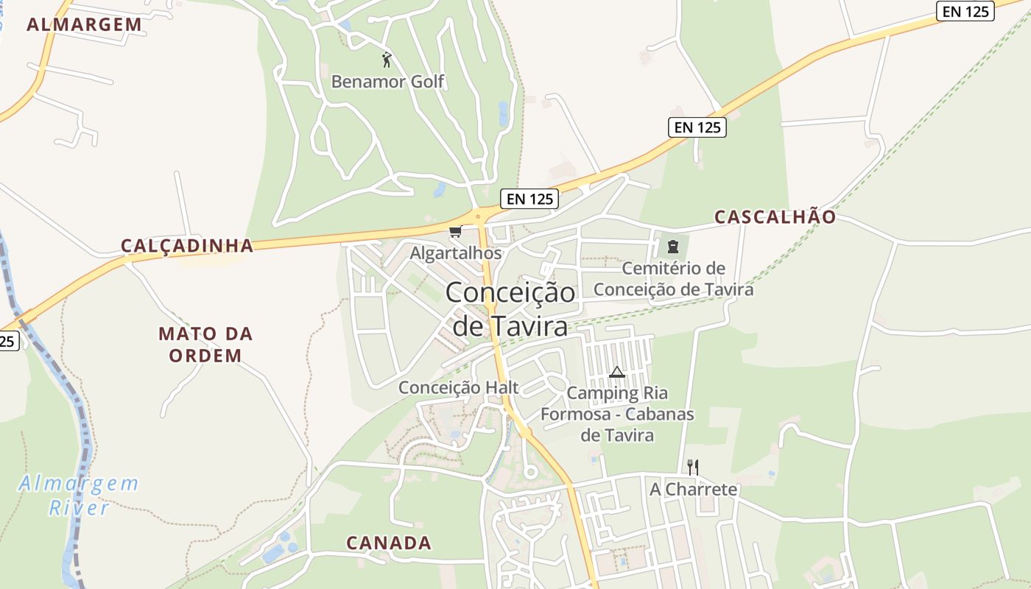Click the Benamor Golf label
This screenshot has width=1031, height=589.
point(387,81)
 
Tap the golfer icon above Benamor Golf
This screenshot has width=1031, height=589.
point(387,59)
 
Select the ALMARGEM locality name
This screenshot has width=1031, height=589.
point(84,24)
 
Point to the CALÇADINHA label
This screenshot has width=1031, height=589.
point(187,246)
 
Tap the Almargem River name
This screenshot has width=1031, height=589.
point(79,495)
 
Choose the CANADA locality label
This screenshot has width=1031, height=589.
point(389,543)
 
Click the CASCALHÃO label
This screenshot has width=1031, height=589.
point(775,217)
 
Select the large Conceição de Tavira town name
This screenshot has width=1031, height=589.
point(510,308)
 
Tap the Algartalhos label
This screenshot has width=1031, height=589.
point(455,253)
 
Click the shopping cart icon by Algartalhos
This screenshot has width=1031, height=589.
point(455,233)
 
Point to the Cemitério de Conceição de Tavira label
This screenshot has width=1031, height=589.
point(673,279)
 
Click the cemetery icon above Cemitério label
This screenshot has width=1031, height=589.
point(672,246)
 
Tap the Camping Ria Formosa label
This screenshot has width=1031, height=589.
point(617,414)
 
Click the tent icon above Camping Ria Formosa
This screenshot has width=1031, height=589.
point(617,372)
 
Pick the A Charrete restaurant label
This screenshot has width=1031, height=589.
point(693,489)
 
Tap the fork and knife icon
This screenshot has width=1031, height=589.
point(692,467)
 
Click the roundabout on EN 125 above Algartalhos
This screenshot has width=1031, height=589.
point(479,216)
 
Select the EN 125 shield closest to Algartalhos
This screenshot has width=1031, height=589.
point(529,198)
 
